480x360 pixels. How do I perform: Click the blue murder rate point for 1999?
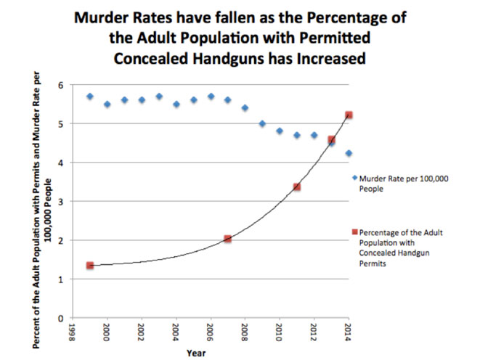click(90, 97)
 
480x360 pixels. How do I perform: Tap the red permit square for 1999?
click(90, 266)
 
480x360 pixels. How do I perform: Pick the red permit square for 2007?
click(227, 239)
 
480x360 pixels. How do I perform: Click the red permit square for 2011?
click(296, 187)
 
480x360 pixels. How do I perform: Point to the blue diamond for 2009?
click(262, 123)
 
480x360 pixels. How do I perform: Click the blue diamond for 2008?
click(245, 108)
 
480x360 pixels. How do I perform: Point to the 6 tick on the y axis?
click(62, 86)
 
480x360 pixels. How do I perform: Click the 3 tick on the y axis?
click(62, 202)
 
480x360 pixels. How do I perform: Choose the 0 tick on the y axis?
click(62, 318)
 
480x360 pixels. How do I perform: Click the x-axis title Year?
click(195, 353)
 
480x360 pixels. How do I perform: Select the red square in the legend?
click(354, 232)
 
